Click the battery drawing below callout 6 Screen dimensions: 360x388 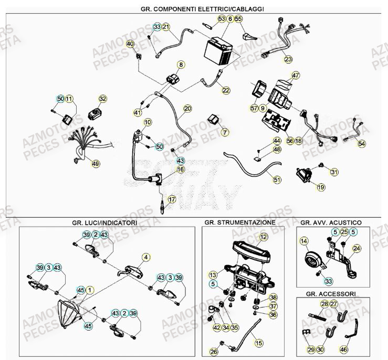(216, 51)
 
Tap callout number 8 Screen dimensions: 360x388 (181, 65)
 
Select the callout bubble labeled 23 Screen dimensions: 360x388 (288, 59)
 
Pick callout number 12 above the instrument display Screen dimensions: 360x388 (264, 238)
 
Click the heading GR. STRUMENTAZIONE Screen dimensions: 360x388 (239, 223)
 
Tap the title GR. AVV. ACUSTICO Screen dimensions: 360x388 (331, 223)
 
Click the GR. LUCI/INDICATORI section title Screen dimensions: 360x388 (104, 223)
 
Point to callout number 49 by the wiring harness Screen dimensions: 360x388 (95, 164)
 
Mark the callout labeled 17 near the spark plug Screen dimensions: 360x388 (171, 199)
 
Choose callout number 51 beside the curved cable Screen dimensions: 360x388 (277, 179)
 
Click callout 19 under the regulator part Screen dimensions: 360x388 (321, 187)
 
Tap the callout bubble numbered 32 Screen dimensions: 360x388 (102, 99)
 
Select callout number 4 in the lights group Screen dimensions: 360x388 (146, 257)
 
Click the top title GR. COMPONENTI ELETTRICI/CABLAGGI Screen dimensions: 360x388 (195, 9)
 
